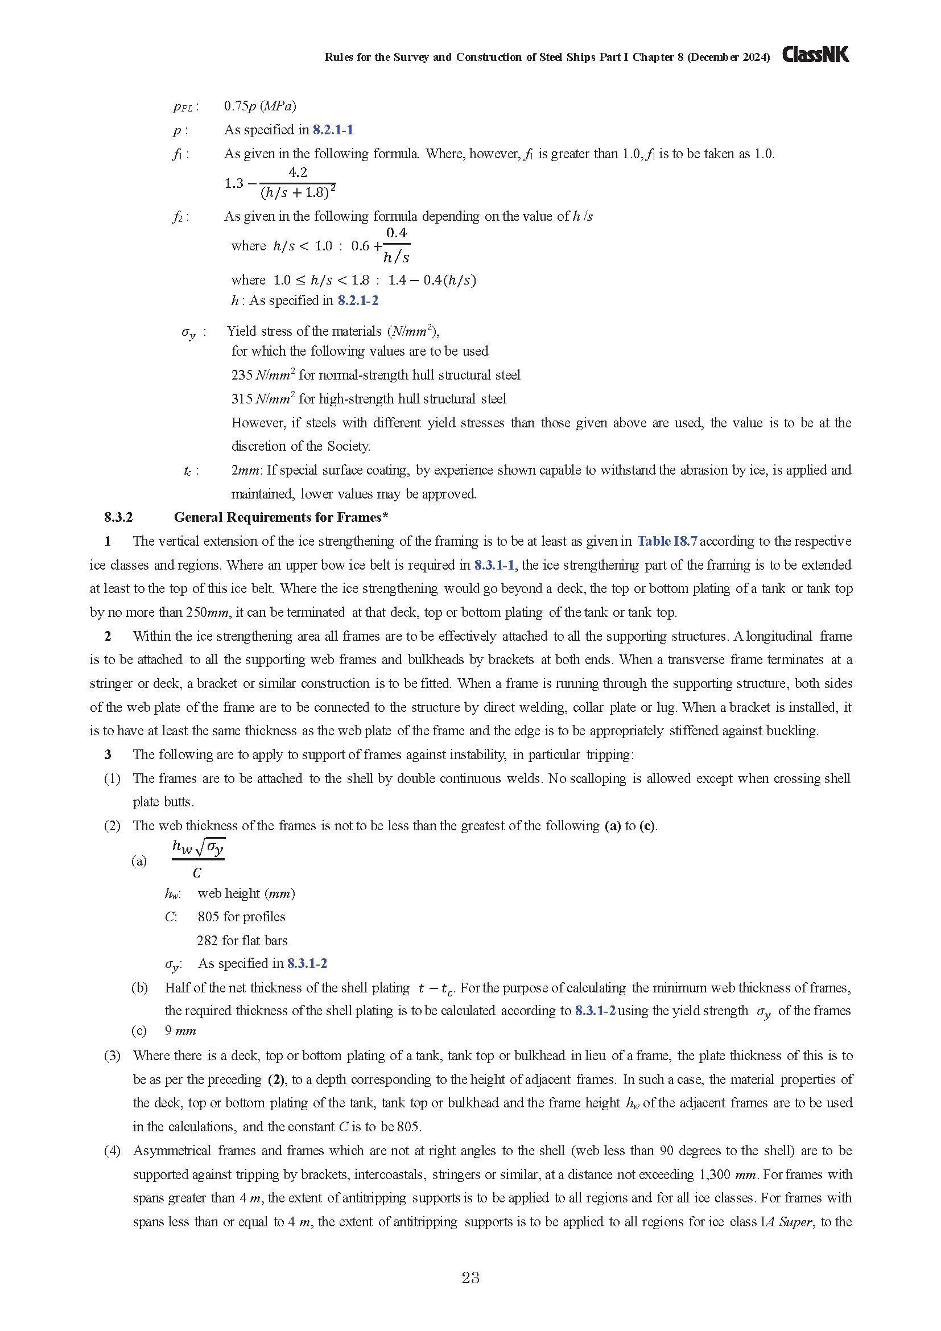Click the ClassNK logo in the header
coord(815,55)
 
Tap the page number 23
coord(470,1278)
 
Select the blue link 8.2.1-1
coord(333,129)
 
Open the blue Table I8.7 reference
coord(667,541)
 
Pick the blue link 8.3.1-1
coord(494,564)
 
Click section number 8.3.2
coord(118,517)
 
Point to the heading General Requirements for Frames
coord(280,517)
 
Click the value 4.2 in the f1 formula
coord(297,172)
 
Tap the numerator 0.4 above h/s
coord(397,233)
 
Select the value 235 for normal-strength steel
coord(242,375)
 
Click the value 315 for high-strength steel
coord(242,399)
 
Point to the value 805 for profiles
coord(208,917)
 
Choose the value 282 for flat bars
coord(208,940)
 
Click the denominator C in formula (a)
coord(197,873)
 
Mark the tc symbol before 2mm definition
coord(188,471)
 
